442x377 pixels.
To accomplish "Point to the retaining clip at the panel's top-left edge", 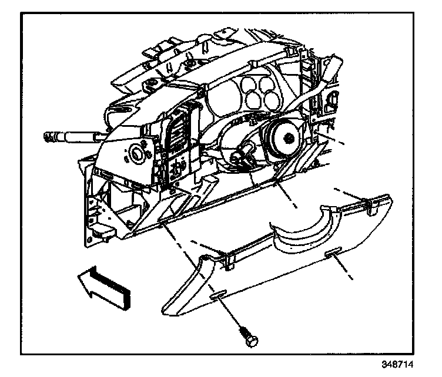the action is (227, 258).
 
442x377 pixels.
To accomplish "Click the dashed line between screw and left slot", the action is (229, 314).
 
